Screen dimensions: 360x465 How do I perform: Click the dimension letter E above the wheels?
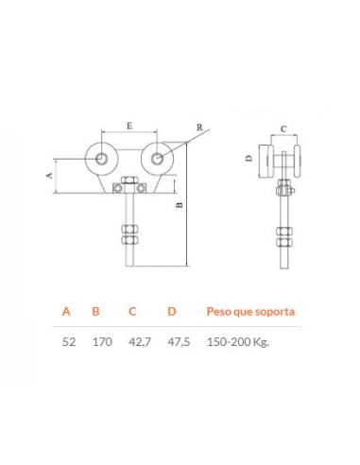129,126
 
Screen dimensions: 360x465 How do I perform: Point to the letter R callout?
199,128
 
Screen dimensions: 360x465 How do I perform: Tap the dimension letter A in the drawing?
49,176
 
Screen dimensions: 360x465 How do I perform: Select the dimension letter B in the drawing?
180,205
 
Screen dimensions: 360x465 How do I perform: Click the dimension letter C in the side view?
283,129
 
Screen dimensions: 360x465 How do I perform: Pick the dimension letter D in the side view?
249,158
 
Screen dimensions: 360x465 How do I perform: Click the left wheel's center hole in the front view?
101,159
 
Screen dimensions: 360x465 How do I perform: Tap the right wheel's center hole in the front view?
157,159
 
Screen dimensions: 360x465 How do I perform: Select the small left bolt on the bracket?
117,188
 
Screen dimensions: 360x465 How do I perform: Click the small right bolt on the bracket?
141,188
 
